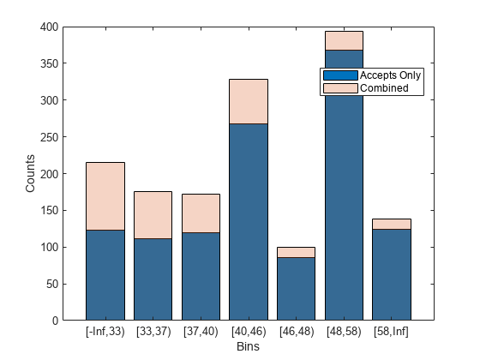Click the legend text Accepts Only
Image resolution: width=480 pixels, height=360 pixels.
390,75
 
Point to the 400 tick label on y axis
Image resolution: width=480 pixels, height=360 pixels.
49,27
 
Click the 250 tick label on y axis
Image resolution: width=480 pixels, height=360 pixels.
49,137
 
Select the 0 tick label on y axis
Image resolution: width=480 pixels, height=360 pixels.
55,321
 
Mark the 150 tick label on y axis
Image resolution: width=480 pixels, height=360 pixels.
49,211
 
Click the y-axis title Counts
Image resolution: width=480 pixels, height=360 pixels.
30,173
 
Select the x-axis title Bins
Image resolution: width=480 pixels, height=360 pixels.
248,346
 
